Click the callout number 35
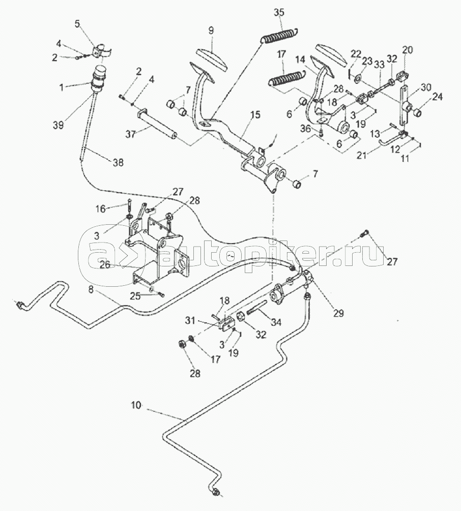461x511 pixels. pyautogui.click(x=279, y=12)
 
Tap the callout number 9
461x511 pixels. pyautogui.click(x=211, y=31)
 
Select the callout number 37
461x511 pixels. pyautogui.click(x=130, y=134)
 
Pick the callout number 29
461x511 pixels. pyautogui.click(x=339, y=313)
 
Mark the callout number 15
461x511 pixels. pyautogui.click(x=255, y=114)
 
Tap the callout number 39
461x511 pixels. pyautogui.click(x=59, y=125)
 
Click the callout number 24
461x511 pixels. pyautogui.click(x=439, y=97)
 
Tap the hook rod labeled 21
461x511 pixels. pyautogui.click(x=391, y=140)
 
